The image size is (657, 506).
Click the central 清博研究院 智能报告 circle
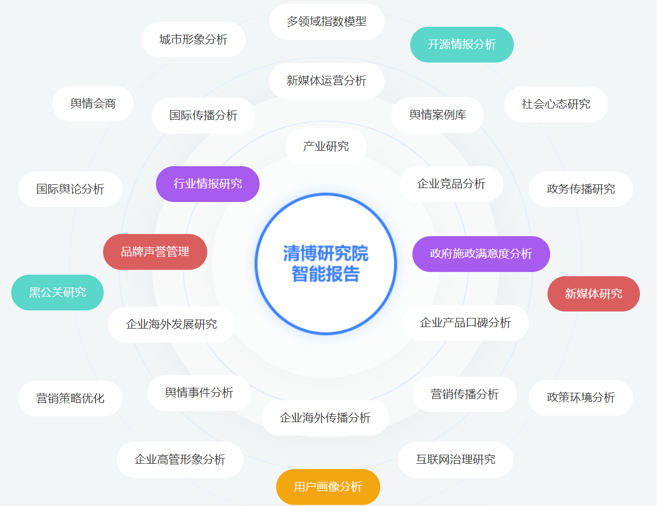(x=325, y=263)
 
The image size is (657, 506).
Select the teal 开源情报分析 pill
(x=462, y=44)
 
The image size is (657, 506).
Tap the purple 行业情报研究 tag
(x=207, y=184)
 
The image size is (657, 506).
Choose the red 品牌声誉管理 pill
(x=155, y=252)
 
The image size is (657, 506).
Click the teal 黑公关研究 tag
(x=57, y=292)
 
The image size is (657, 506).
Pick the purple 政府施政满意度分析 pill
(x=481, y=254)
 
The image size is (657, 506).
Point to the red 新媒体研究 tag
(x=593, y=293)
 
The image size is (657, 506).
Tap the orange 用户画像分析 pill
(x=328, y=487)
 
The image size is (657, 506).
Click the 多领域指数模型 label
(x=326, y=21)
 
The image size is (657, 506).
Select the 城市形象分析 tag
(x=193, y=40)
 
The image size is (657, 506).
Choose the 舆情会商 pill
(x=93, y=104)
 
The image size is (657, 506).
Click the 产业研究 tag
(x=325, y=146)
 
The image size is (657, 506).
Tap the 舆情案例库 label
(x=437, y=115)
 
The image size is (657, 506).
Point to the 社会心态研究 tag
(x=556, y=104)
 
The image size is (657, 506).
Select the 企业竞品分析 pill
(x=451, y=184)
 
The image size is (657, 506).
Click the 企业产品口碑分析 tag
(x=465, y=323)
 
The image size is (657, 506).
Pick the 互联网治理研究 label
(x=455, y=460)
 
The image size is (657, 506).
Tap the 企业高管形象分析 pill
(x=179, y=460)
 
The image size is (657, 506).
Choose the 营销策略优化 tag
(x=70, y=399)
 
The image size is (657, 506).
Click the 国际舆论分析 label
(x=70, y=189)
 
